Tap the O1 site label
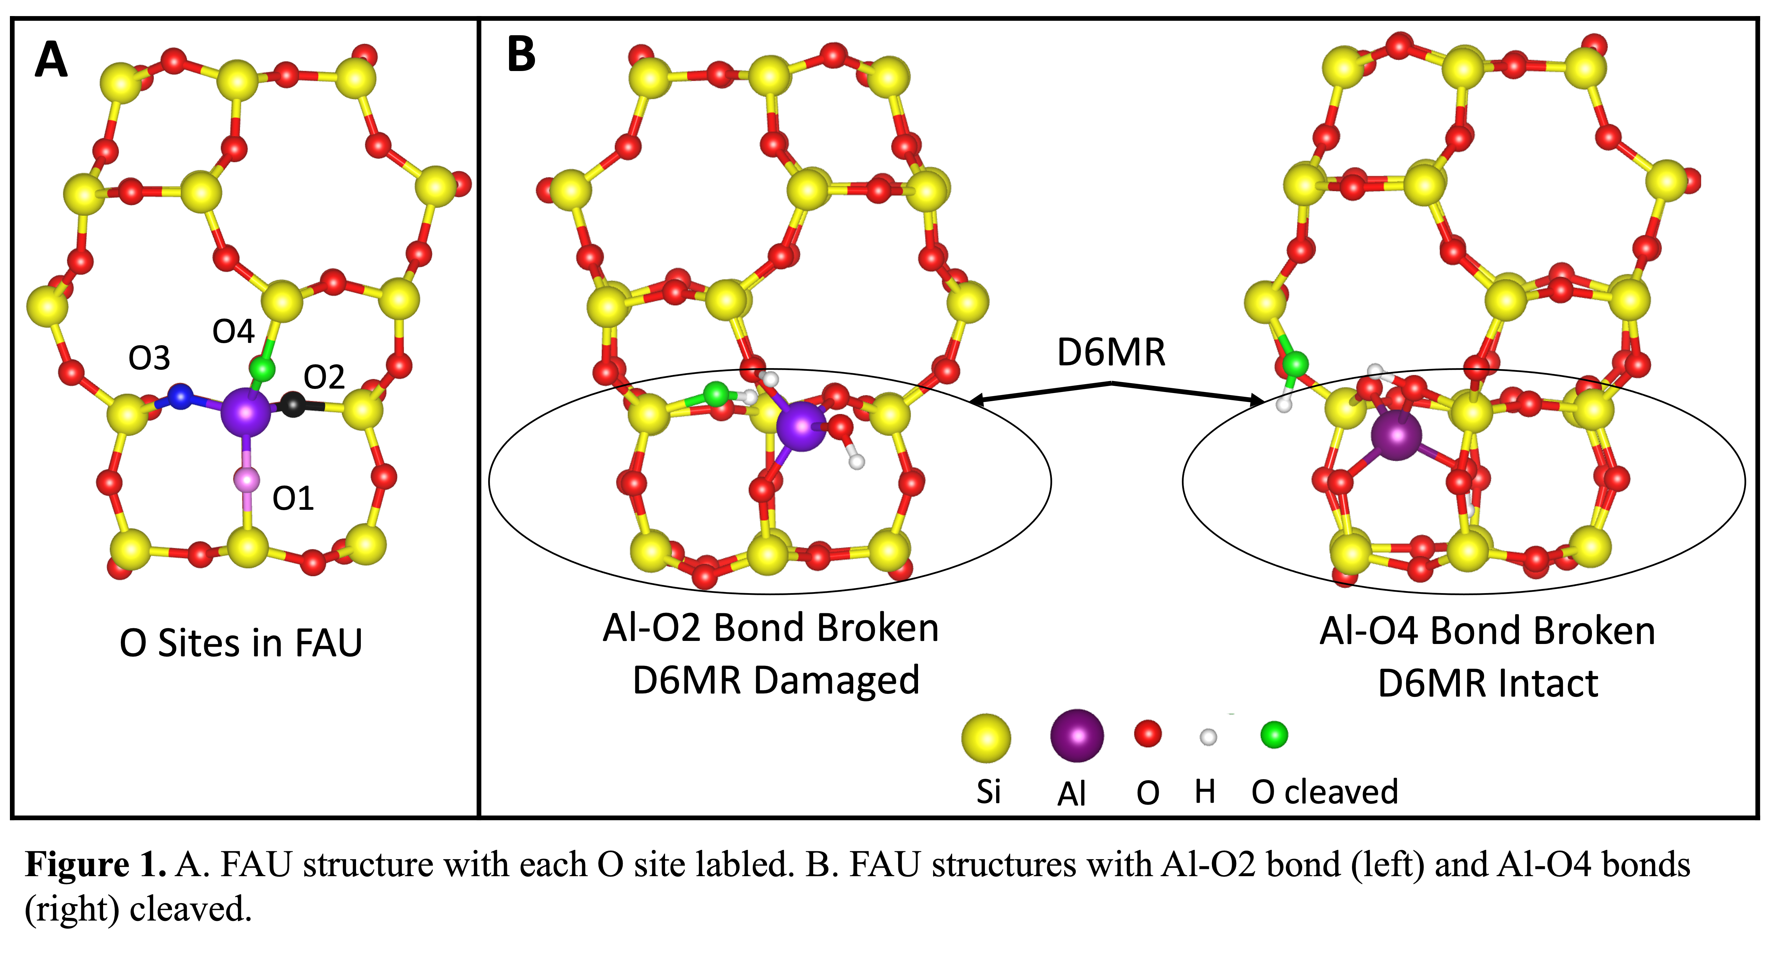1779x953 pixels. tap(293, 499)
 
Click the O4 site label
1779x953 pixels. tap(234, 332)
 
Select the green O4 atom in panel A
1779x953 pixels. tap(262, 369)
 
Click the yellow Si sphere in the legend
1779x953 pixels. tap(986, 738)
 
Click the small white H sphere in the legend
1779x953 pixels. tap(1208, 737)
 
